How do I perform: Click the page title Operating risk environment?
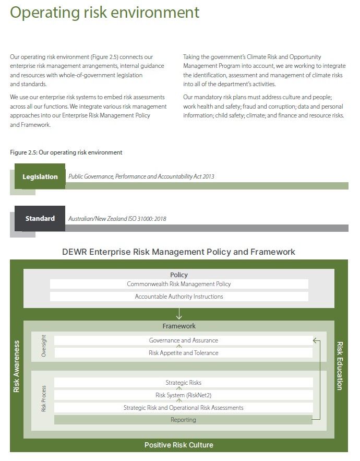coord(104,13)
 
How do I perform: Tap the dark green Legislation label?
coord(40,176)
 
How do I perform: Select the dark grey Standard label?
coord(40,218)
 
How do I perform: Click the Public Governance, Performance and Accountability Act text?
coord(141,176)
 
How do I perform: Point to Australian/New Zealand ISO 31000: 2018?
coord(117,219)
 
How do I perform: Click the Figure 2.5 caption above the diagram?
coord(66,152)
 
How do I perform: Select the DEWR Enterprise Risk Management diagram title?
coord(178,252)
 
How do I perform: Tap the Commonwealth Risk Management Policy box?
coord(179,284)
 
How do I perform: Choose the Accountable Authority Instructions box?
coord(179,297)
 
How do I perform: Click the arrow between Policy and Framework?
coord(179,314)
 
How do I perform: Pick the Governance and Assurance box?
coord(183,340)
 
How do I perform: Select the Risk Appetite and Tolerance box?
coord(183,353)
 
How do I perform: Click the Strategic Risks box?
coord(183,383)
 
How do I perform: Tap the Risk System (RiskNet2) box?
coord(183,395)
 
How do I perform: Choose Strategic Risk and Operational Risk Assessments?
coord(183,408)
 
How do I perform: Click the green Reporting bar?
coord(183,420)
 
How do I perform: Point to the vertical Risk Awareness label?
coord(17,366)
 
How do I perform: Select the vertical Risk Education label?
coord(340,366)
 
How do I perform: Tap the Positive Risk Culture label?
coord(178,445)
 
